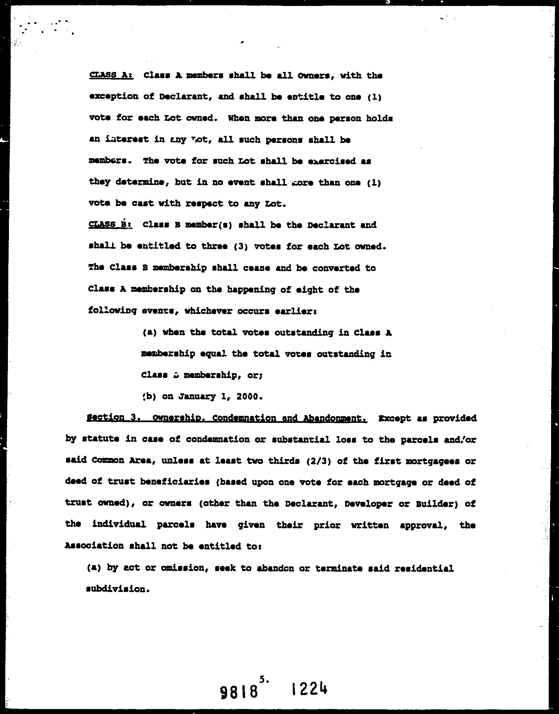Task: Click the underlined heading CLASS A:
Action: point(111,76)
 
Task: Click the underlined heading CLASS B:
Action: point(110,225)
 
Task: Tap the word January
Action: point(197,397)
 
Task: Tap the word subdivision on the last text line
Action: point(116,589)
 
